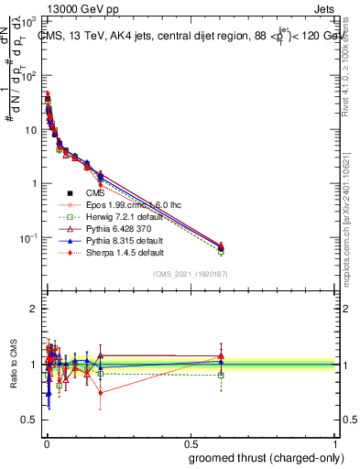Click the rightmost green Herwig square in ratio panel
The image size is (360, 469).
click(x=221, y=375)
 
